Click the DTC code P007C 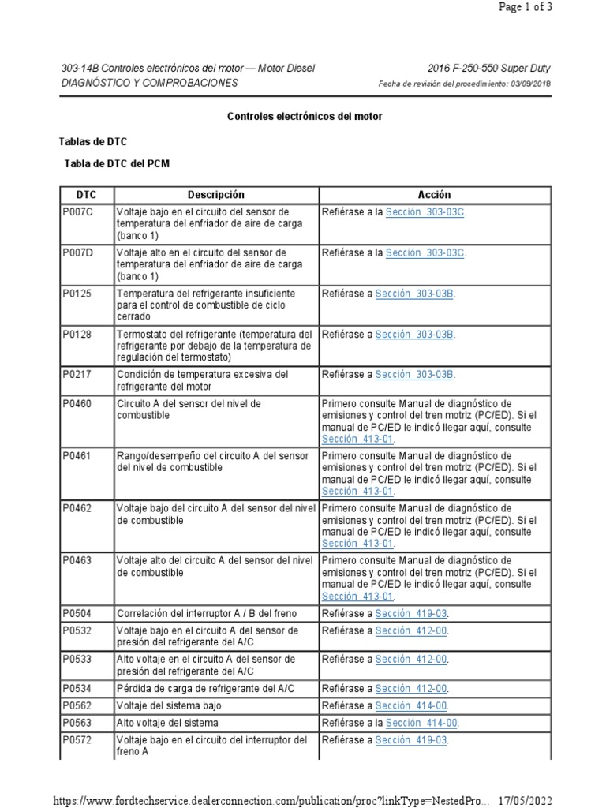tap(77, 212)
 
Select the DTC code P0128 tap(77, 334)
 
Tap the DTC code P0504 tap(77, 613)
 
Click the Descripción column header tap(216, 195)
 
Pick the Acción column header tap(434, 195)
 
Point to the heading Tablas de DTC tap(93, 142)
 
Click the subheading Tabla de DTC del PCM tap(116, 164)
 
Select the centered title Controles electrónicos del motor tap(305, 116)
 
